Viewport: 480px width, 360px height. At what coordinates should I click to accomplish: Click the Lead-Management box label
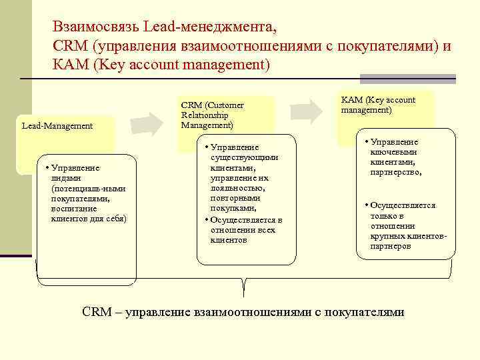click(57, 125)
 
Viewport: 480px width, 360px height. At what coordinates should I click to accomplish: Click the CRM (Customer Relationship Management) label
click(212, 115)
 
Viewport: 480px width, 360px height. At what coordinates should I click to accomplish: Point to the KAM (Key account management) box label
click(377, 105)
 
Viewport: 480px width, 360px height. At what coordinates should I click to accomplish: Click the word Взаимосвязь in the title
click(97, 28)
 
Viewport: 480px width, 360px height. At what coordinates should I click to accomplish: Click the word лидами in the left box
click(65, 179)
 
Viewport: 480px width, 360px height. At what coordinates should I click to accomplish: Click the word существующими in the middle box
click(244, 157)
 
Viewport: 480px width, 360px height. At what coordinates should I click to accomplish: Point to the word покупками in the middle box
click(233, 208)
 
